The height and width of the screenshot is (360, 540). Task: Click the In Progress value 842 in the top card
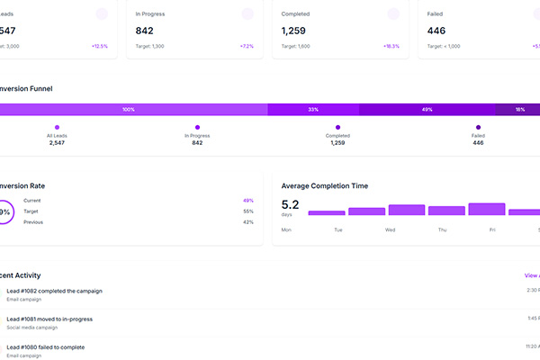pos(146,31)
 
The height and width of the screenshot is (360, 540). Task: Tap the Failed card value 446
pos(436,31)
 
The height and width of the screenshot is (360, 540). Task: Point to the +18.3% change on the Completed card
pos(391,46)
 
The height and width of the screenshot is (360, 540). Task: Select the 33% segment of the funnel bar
pos(313,109)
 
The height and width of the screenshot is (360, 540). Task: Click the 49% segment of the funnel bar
pos(427,109)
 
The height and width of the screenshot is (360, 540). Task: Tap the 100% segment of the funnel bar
pos(128,109)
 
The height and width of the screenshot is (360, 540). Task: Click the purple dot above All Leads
pos(57,127)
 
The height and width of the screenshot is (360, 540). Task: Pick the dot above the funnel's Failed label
pos(478,127)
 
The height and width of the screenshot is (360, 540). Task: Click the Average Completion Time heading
pos(324,185)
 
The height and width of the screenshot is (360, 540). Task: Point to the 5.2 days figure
pos(291,204)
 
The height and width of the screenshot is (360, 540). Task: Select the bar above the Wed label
pos(407,210)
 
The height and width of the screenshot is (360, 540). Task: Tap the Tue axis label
pos(338,229)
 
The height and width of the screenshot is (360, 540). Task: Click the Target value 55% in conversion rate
pos(247,211)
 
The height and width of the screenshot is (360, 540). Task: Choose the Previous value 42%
pos(247,221)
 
